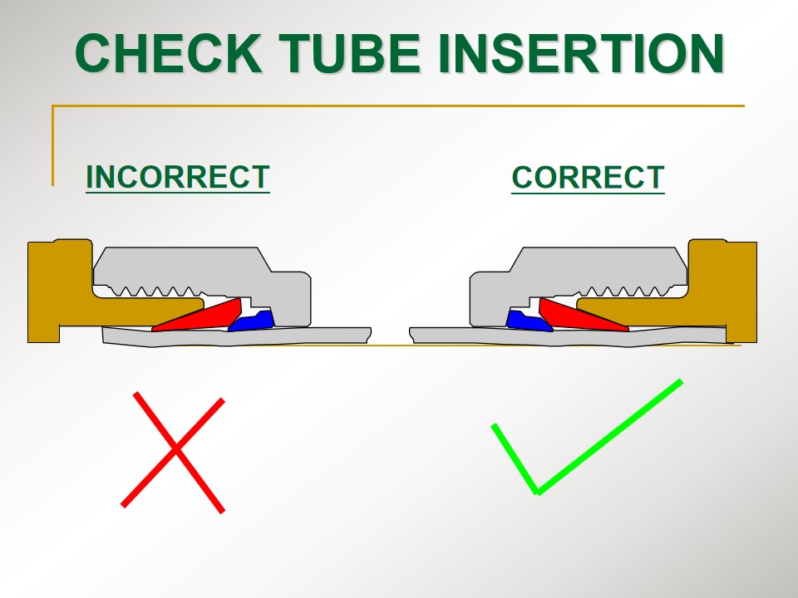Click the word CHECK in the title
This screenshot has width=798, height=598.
[x=169, y=53]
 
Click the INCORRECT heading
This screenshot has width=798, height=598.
[x=178, y=177]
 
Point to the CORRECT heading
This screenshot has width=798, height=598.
[x=588, y=178]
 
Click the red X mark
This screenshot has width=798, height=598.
[x=173, y=452]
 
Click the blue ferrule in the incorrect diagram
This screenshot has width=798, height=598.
[x=253, y=321]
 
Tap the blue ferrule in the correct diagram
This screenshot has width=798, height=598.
[x=529, y=321]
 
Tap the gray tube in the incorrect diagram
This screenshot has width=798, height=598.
[x=237, y=336]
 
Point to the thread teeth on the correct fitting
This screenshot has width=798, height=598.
[x=627, y=291]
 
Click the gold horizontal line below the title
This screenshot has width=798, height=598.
[x=398, y=105]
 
